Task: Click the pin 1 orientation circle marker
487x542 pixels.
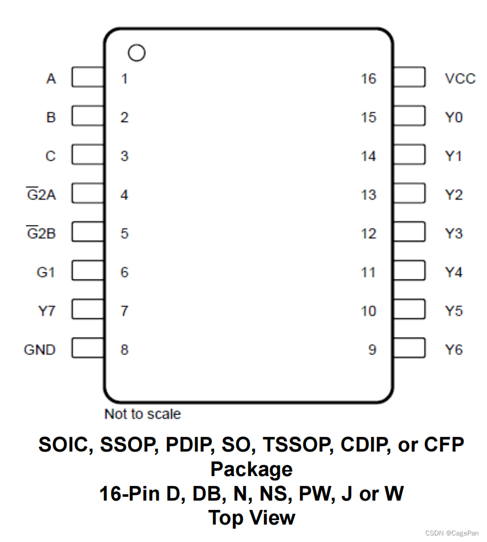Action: [136, 53]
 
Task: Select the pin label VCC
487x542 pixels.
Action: [460, 78]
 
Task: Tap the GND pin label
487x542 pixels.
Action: [40, 349]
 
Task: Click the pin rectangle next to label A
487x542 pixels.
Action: [88, 78]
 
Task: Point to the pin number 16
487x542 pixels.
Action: [368, 78]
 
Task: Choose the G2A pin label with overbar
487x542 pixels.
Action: [41, 194]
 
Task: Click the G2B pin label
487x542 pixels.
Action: [41, 233]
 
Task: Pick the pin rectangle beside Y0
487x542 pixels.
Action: [409, 117]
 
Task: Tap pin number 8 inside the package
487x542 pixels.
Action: [124, 349]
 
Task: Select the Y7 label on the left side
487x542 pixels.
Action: [46, 310]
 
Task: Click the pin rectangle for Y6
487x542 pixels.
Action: [409, 349]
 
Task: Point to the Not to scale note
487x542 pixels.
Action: [142, 414]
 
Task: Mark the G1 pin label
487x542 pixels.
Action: [46, 272]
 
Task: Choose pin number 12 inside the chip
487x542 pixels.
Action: [368, 233]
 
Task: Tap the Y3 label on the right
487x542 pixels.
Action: [453, 233]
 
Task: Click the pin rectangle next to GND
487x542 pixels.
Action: [88, 349]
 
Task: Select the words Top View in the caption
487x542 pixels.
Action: [251, 517]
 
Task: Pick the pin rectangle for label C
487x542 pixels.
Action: [88, 156]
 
